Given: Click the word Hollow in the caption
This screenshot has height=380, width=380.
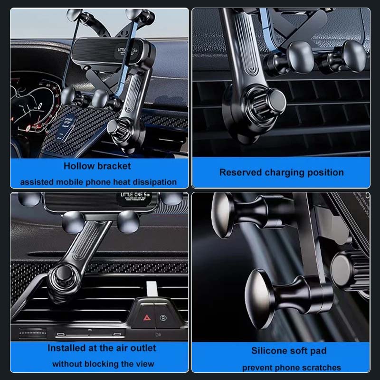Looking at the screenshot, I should pyautogui.click(x=79, y=166).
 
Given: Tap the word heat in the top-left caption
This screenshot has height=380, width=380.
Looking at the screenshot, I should pyautogui.click(x=124, y=182).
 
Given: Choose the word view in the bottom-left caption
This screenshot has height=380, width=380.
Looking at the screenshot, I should pyautogui.click(x=144, y=364).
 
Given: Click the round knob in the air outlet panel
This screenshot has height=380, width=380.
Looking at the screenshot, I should pyautogui.click(x=62, y=275).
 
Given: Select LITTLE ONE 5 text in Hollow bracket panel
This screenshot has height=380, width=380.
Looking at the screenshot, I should pyautogui.click(x=132, y=51).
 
